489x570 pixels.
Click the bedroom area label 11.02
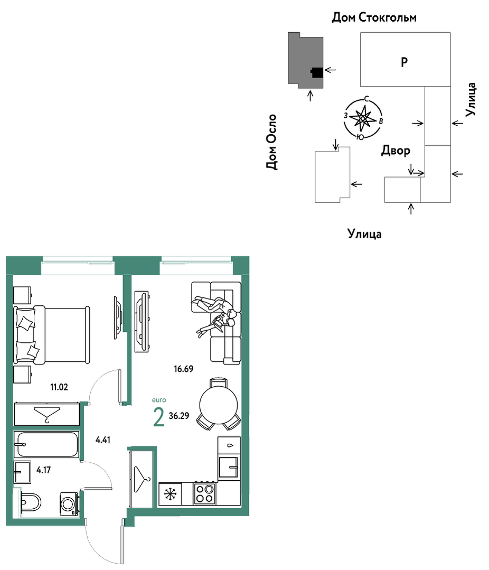click(x=59, y=387)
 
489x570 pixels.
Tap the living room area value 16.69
click(x=183, y=369)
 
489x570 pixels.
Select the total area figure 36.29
click(x=178, y=416)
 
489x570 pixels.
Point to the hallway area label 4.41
click(x=103, y=440)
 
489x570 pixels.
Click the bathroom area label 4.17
click(x=44, y=470)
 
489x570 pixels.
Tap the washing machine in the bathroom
click(x=69, y=504)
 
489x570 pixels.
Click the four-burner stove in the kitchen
click(x=204, y=493)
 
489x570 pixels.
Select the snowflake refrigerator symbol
click(x=170, y=493)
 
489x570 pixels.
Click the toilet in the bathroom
click(x=31, y=503)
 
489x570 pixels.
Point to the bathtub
click(x=46, y=444)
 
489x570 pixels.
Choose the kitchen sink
click(x=229, y=467)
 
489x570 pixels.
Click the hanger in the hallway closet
click(x=142, y=479)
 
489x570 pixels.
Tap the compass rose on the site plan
click(x=363, y=118)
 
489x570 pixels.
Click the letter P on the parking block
click(x=405, y=62)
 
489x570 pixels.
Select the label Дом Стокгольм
click(x=374, y=17)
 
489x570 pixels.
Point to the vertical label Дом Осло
click(x=271, y=142)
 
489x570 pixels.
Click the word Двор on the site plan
click(x=396, y=151)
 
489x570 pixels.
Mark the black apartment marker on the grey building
click(x=317, y=73)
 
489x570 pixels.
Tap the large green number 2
click(x=159, y=417)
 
